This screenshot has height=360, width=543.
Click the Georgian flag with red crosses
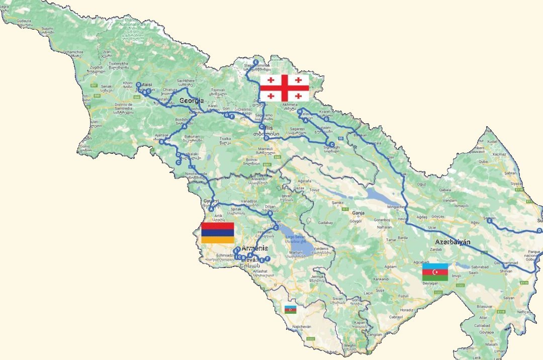pyautogui.click(x=284, y=88)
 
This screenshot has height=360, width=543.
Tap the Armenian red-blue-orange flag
pyautogui.click(x=217, y=232)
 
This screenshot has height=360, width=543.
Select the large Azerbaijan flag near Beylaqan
pyautogui.click(x=435, y=272)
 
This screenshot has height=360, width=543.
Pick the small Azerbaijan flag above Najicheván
pyautogui.click(x=291, y=309)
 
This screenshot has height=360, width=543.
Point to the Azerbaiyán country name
pyautogui.click(x=453, y=242)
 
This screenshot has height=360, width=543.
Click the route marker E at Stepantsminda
pyautogui.click(x=255, y=62)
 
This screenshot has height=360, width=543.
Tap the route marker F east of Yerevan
pyautogui.click(x=267, y=258)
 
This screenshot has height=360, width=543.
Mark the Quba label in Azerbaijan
pyautogui.click(x=483, y=162)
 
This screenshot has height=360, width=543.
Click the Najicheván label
pyautogui.click(x=295, y=327)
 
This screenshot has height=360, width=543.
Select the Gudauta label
pyautogui.click(x=24, y=22)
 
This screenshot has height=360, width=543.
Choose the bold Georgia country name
pyautogui.click(x=192, y=101)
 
